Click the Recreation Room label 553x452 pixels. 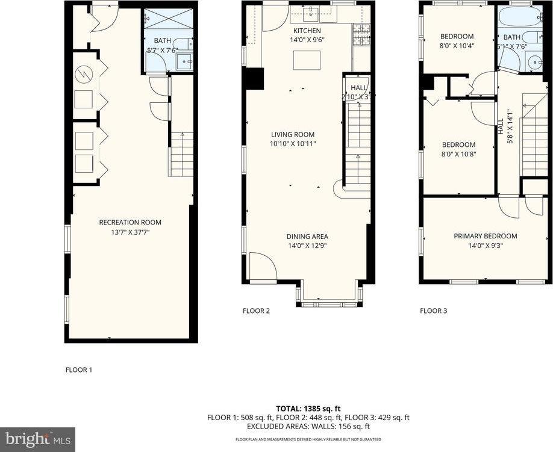130,222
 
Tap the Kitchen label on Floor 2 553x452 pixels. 307,31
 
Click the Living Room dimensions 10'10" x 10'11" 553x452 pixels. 293,143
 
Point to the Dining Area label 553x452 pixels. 307,237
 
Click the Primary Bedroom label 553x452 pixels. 485,236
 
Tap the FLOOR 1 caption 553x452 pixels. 79,370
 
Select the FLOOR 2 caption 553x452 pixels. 256,311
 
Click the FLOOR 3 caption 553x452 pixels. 433,311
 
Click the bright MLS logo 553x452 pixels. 37,439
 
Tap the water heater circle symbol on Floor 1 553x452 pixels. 83,75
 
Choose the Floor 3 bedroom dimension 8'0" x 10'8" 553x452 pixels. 458,153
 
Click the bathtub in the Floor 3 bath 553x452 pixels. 520,16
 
